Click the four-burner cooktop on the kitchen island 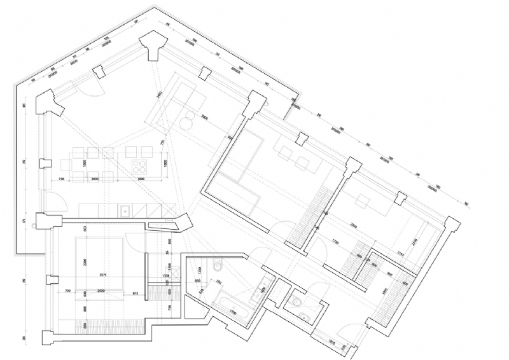(139, 167)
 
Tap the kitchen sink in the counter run (125, 209)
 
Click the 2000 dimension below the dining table (95, 181)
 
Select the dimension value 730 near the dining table (61, 181)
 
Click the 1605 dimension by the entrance (331, 342)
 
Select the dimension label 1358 (166, 276)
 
